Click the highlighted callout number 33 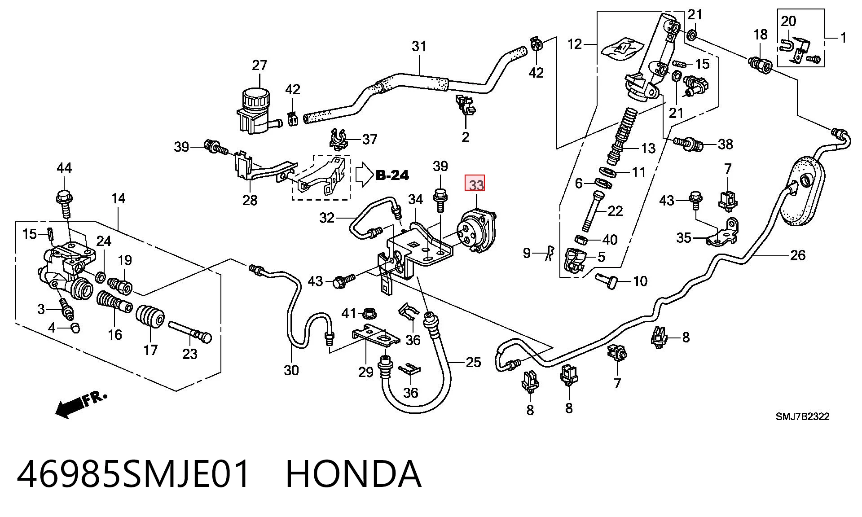click(x=475, y=184)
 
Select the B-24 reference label click(x=392, y=175)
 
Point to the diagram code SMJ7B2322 click(x=803, y=416)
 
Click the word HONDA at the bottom click(x=353, y=474)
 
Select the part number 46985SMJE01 click(x=133, y=474)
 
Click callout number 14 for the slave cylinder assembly click(x=118, y=198)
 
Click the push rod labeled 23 click(x=190, y=332)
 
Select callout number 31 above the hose click(x=418, y=46)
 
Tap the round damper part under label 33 click(x=475, y=230)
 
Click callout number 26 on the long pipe click(x=797, y=255)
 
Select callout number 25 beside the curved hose click(x=473, y=362)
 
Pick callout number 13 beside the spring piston click(x=648, y=148)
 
